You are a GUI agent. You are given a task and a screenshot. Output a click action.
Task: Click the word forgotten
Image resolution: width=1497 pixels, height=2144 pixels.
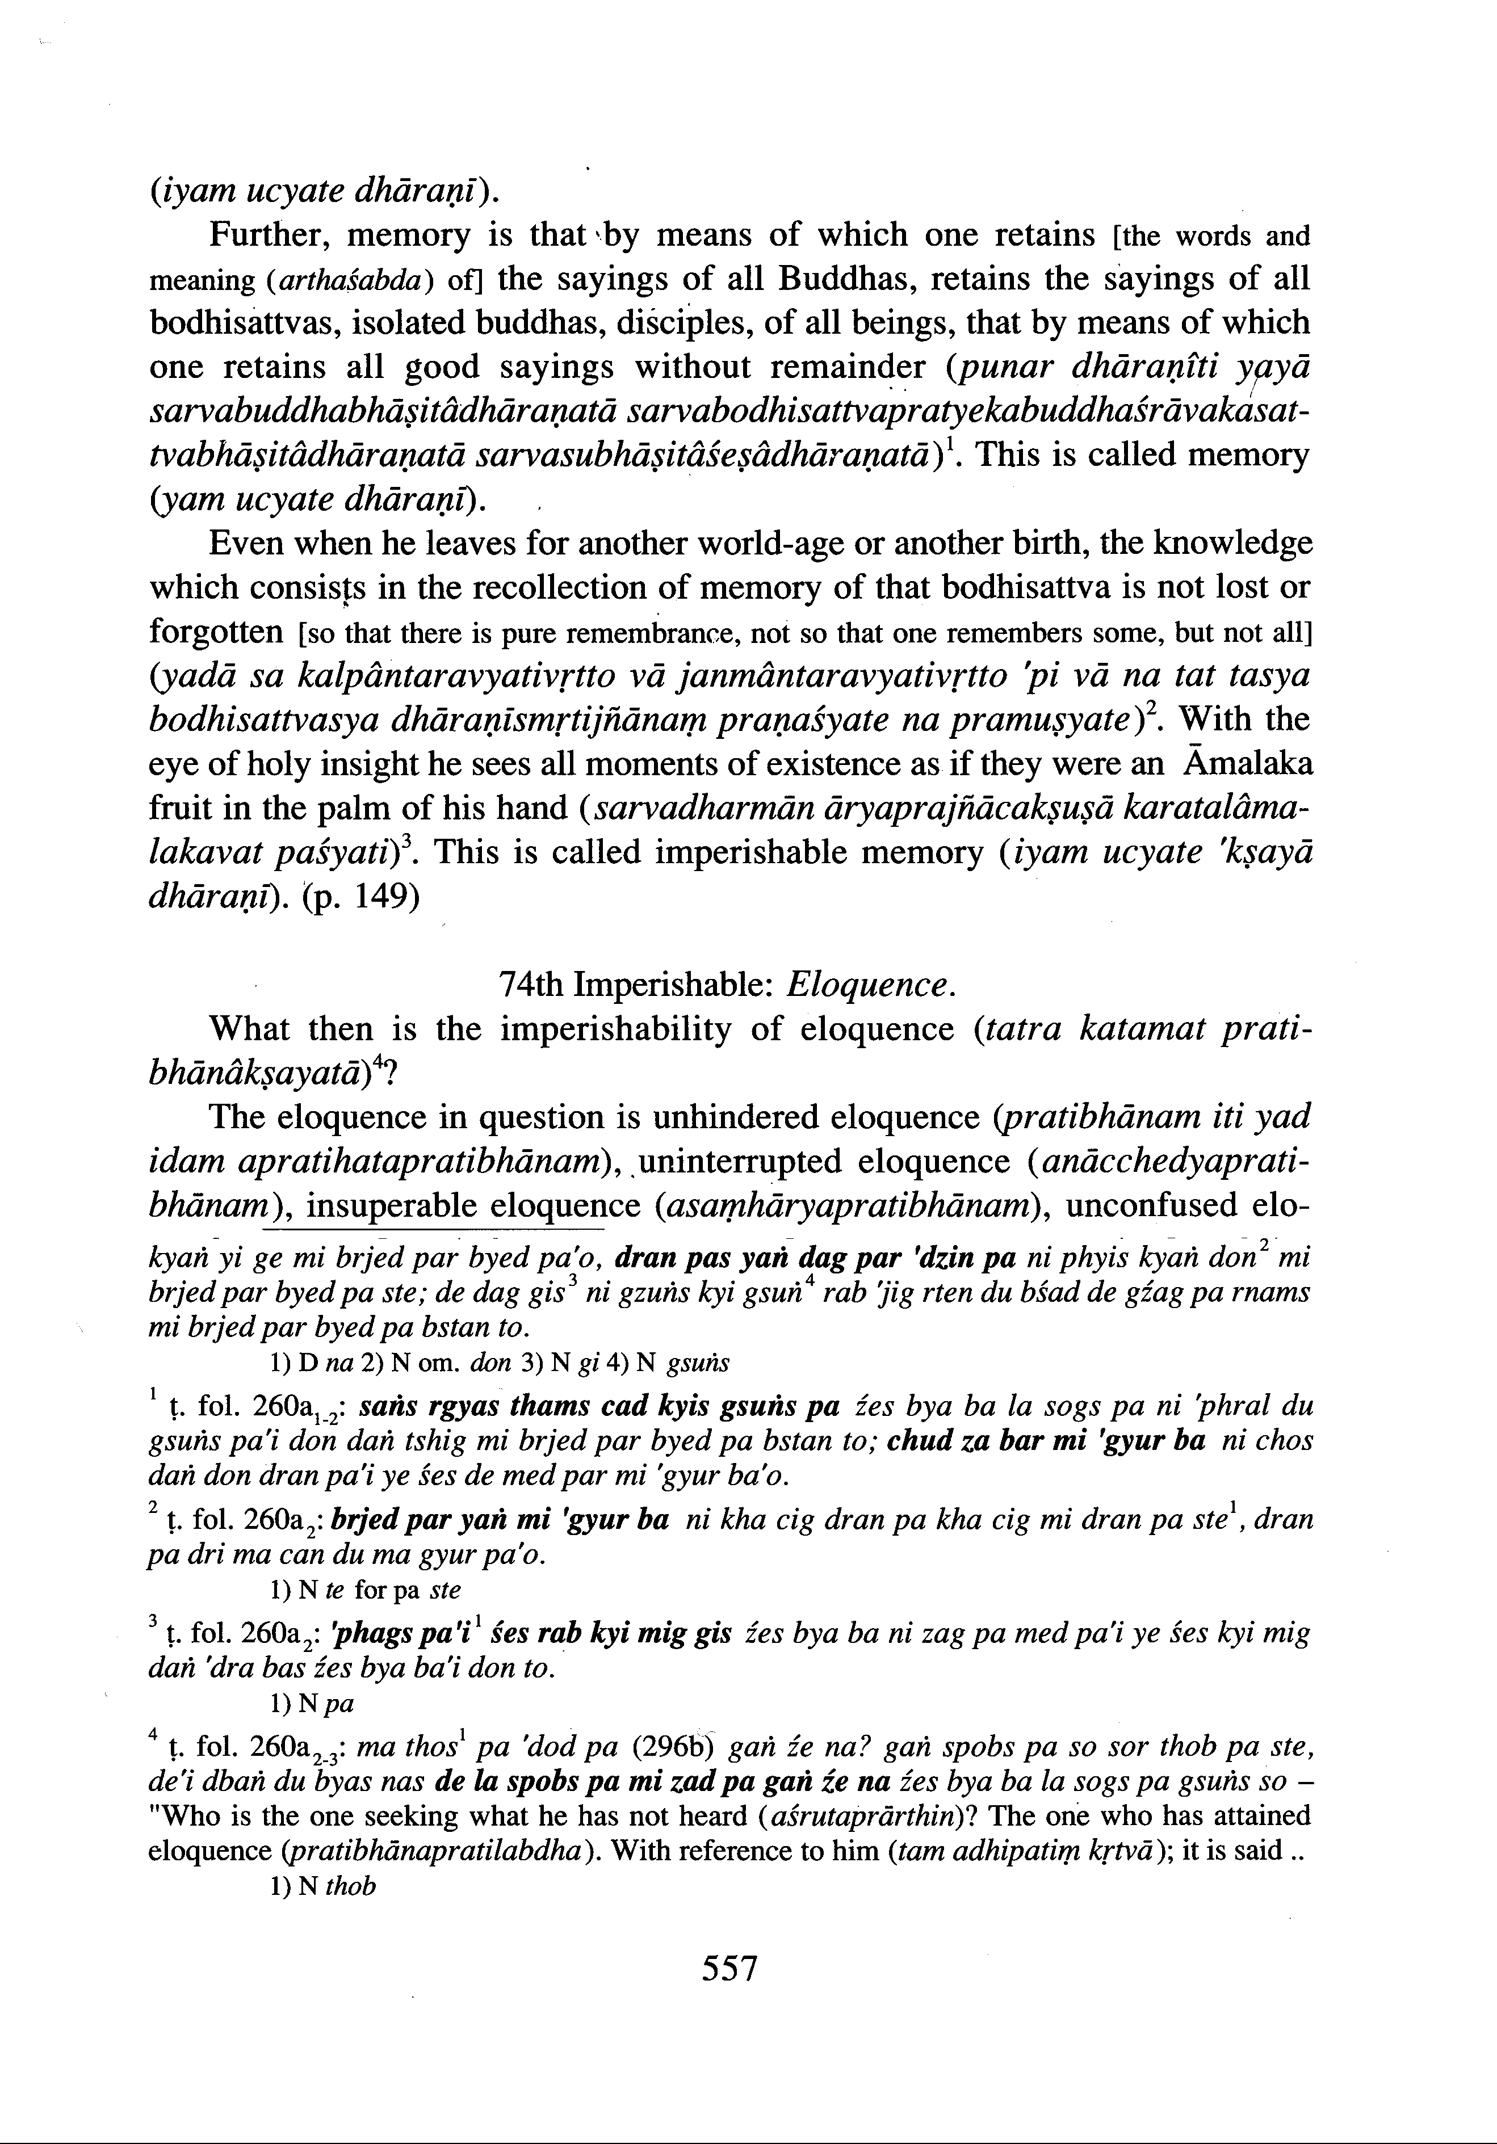(216, 632)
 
